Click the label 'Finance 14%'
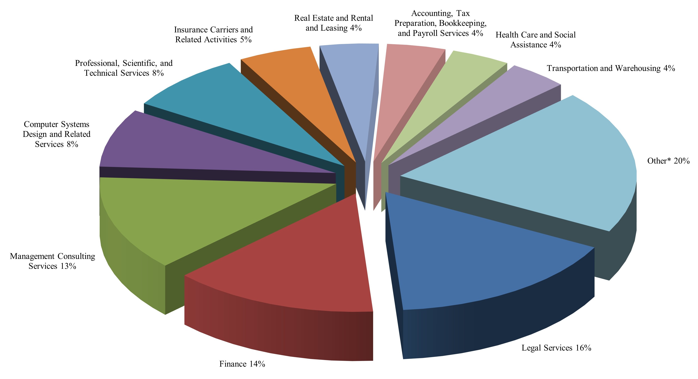point(242,364)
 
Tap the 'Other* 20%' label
point(668,161)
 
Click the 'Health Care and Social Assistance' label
point(535,39)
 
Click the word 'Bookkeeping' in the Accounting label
point(463,23)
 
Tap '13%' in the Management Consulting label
point(68,266)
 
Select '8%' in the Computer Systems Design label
point(72,144)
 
